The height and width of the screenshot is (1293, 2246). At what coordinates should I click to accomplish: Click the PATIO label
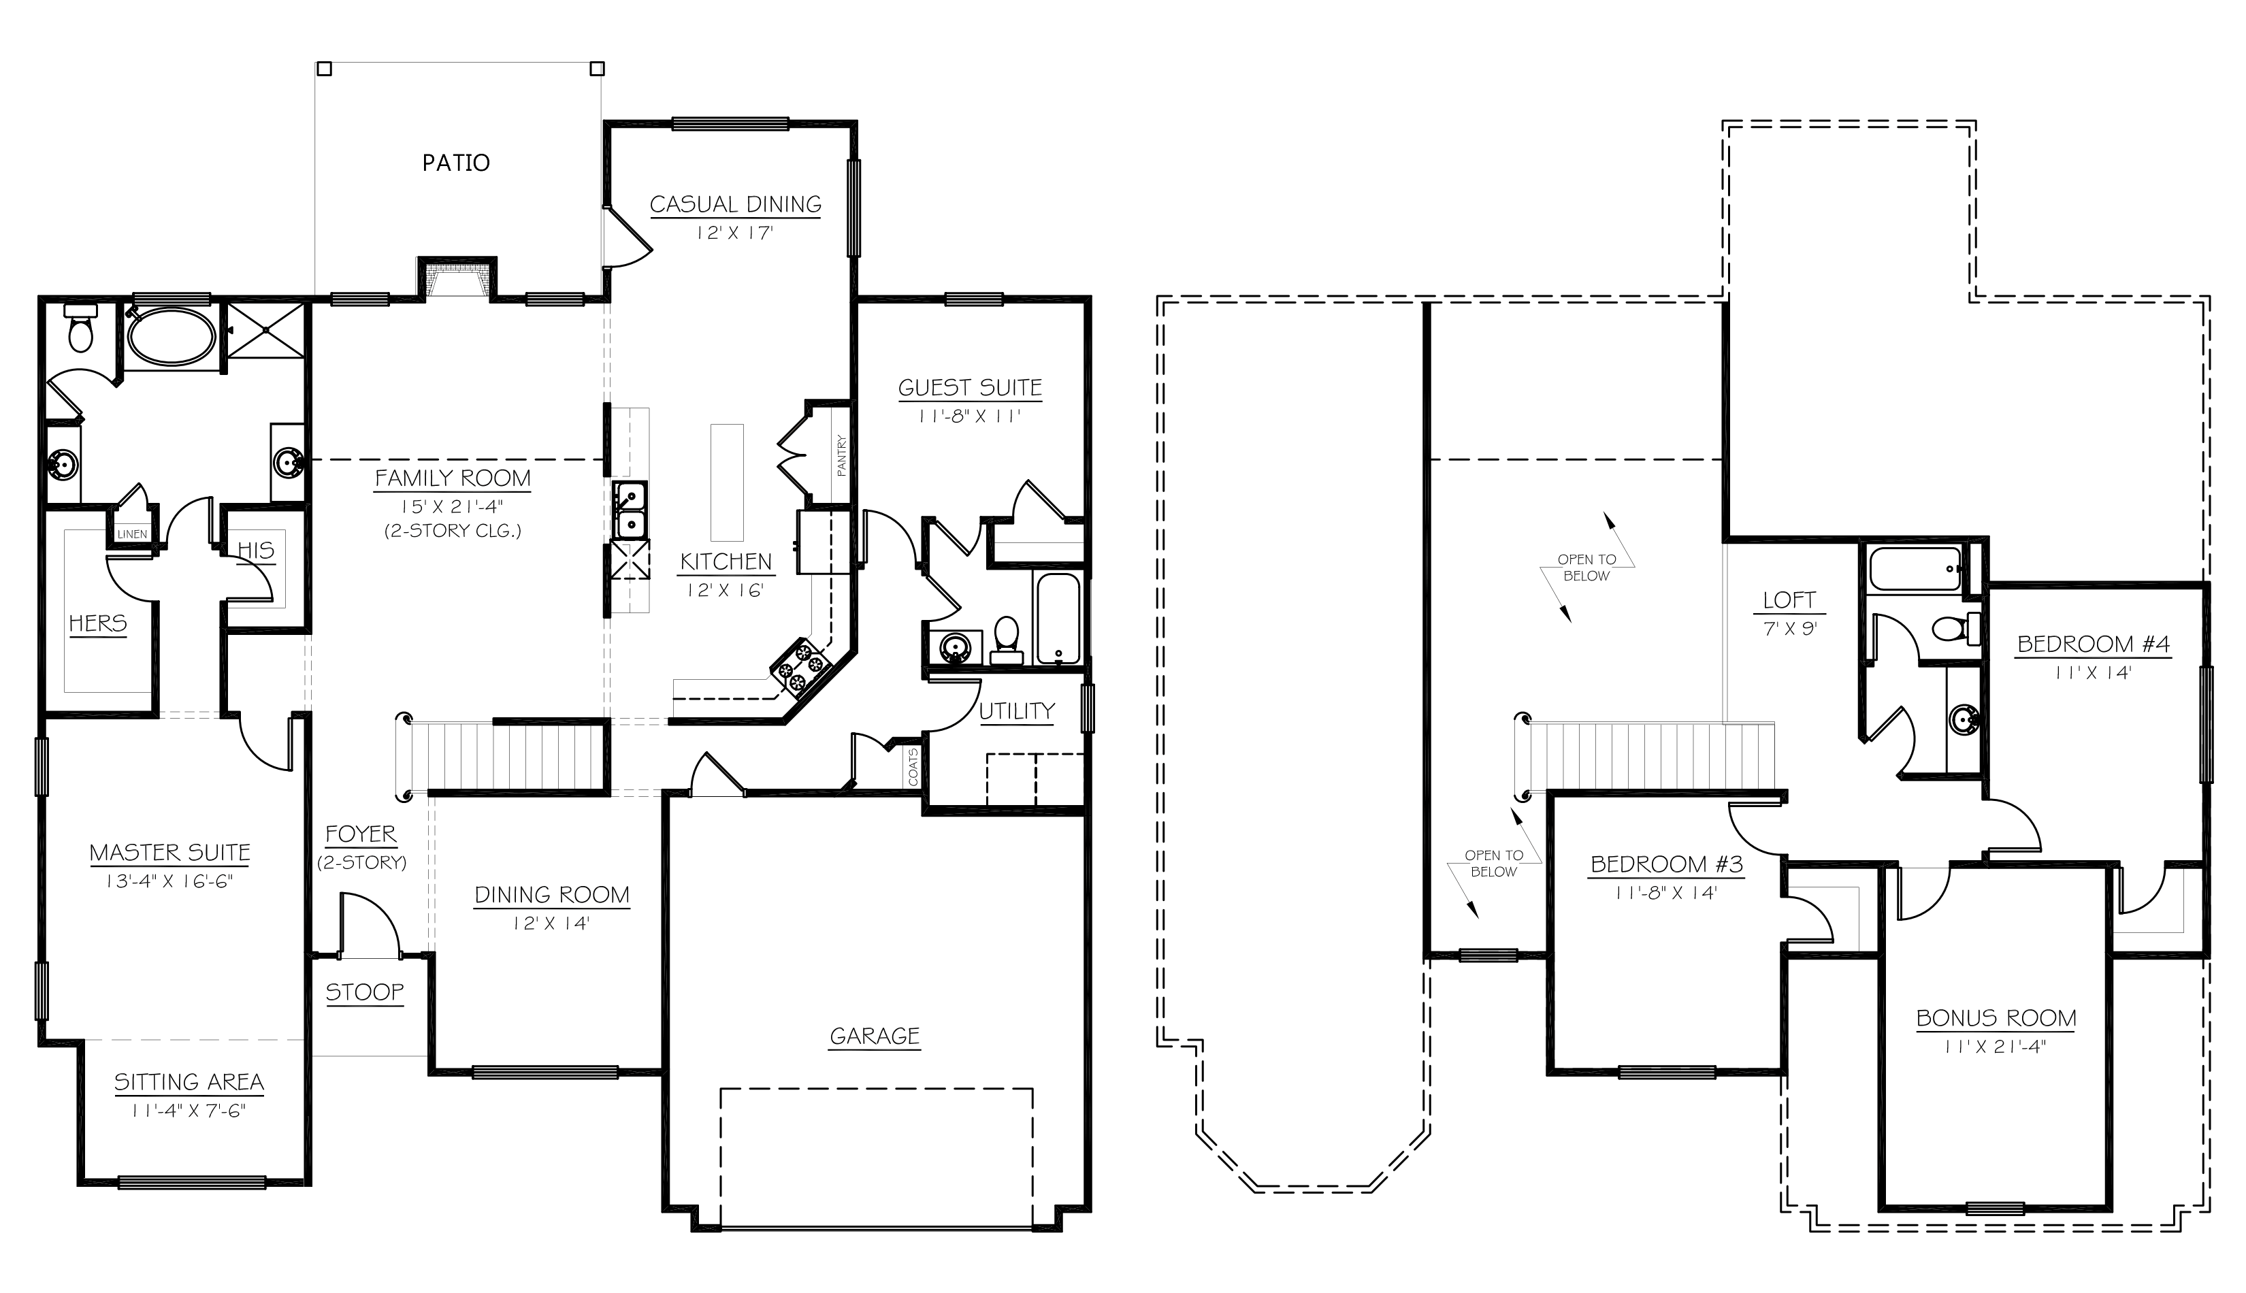(x=455, y=163)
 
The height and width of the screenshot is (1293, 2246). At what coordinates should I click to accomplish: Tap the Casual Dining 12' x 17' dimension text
(x=734, y=233)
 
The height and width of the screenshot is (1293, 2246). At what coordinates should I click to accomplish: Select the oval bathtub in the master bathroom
(x=171, y=338)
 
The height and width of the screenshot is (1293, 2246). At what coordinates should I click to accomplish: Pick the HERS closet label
(x=98, y=623)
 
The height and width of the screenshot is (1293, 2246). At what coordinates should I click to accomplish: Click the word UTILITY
(x=1016, y=711)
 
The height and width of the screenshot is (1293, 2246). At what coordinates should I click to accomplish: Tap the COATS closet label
(x=913, y=766)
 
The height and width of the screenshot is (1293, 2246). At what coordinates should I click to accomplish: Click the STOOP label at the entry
(x=364, y=992)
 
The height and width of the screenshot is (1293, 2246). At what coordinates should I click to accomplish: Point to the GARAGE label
(x=874, y=1036)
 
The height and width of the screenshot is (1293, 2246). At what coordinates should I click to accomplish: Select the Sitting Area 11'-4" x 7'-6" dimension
(x=189, y=1111)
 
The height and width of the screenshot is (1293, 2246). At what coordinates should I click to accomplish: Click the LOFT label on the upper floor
(x=1789, y=600)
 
